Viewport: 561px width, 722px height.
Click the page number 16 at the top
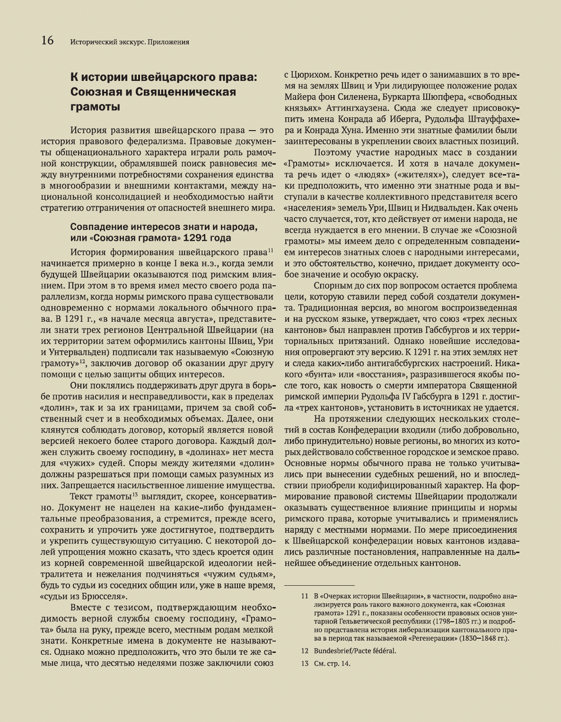tap(47, 40)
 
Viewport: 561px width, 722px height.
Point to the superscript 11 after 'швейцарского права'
tap(270, 250)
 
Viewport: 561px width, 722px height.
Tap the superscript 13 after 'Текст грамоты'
tap(135, 494)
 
